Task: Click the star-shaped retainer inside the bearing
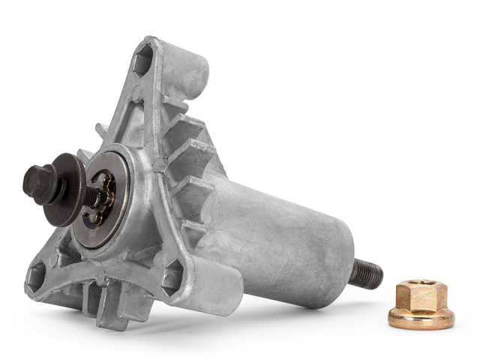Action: coord(102,199)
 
